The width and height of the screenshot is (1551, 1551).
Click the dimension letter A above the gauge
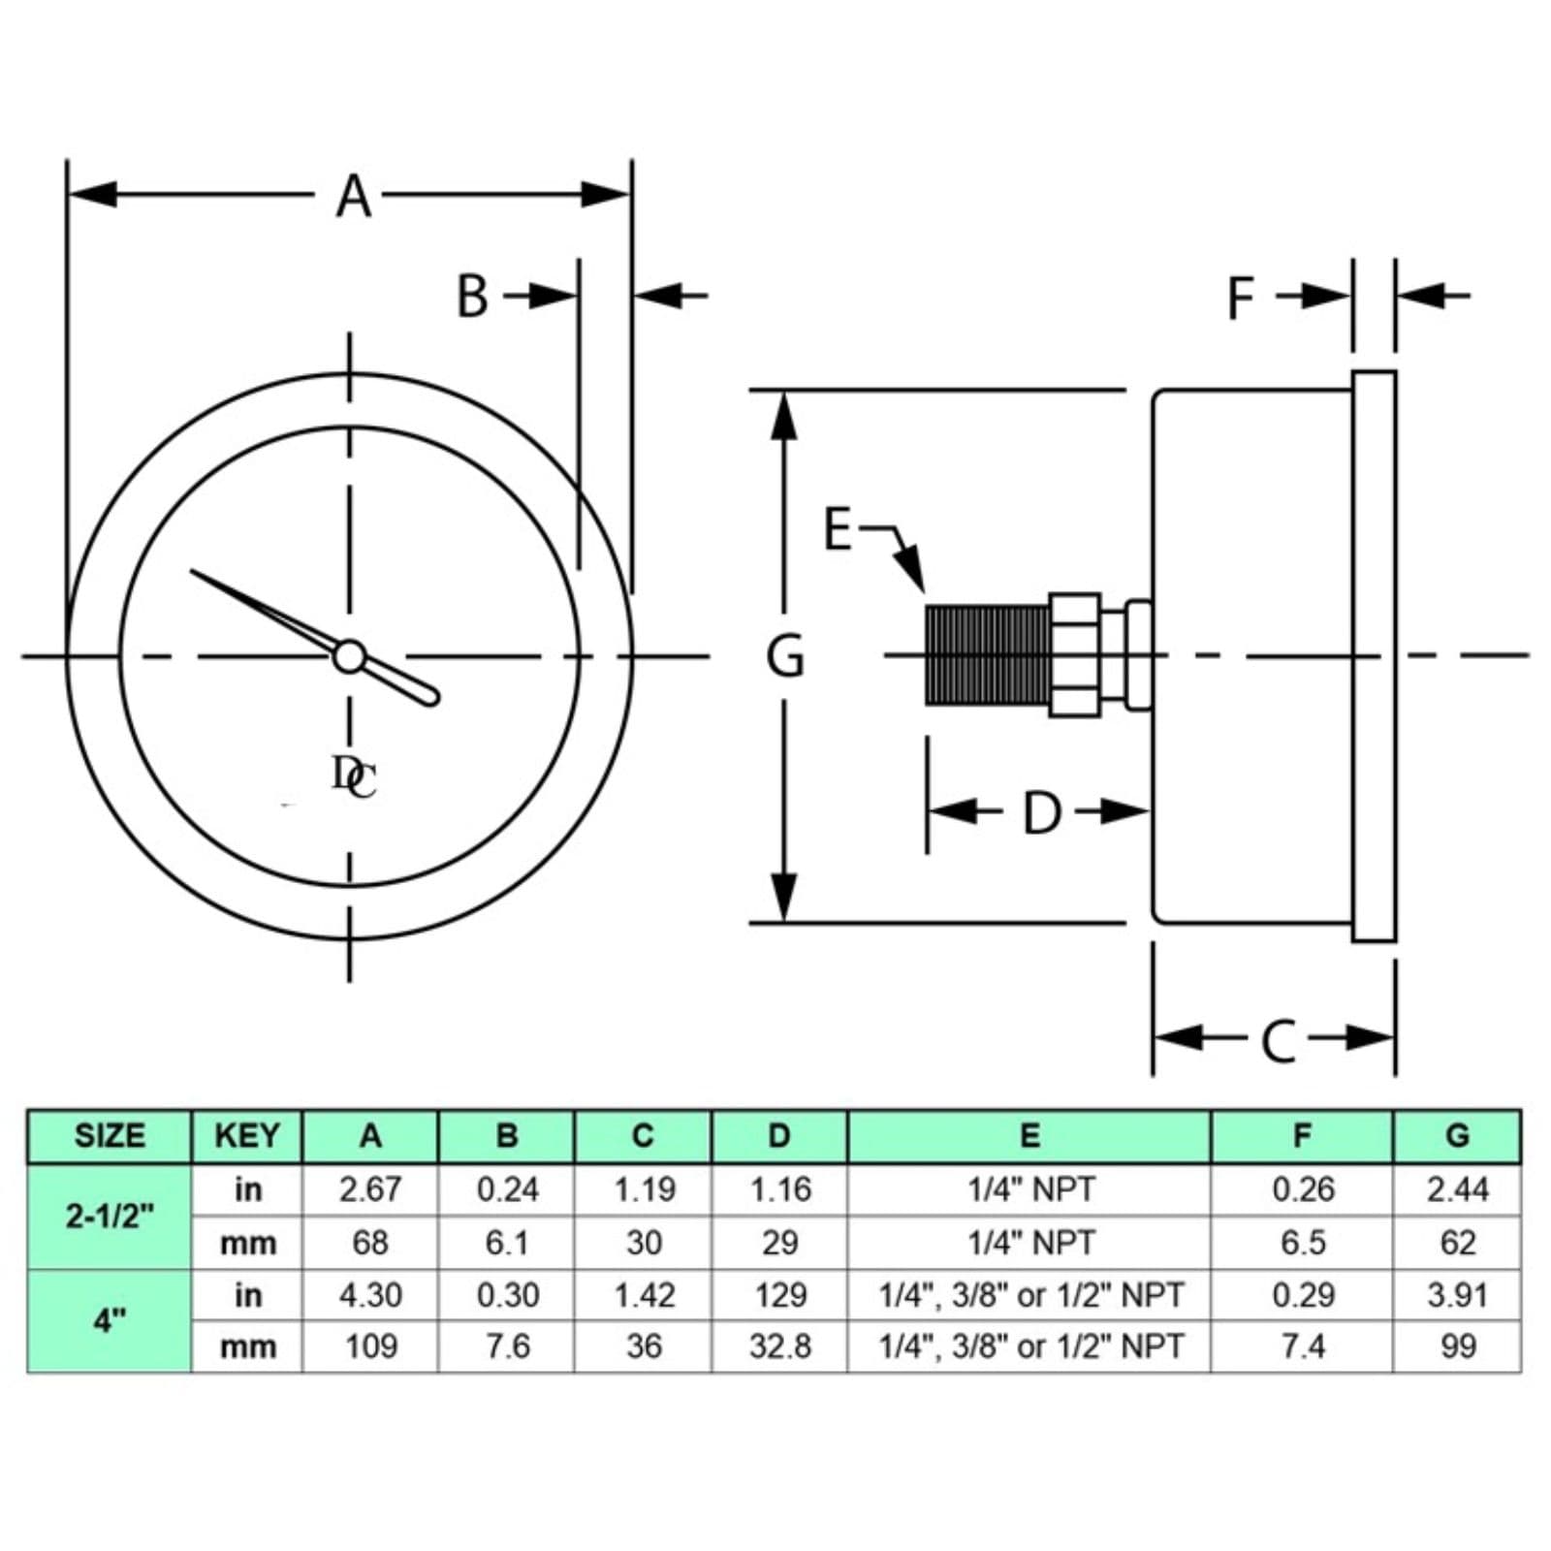pyautogui.click(x=354, y=196)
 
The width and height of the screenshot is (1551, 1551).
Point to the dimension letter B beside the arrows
pyautogui.click(x=472, y=297)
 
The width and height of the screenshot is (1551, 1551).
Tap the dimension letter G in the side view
pyautogui.click(x=785, y=656)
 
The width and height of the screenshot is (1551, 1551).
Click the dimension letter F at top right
pyautogui.click(x=1241, y=299)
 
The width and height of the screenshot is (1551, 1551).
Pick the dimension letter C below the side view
pyautogui.click(x=1279, y=1041)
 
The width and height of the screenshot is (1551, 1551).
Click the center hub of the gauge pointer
pyautogui.click(x=349, y=656)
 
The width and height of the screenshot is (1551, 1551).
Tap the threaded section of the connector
pyautogui.click(x=987, y=655)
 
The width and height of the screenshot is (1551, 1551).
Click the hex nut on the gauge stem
pyautogui.click(x=1075, y=655)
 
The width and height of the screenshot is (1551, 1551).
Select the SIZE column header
pyautogui.click(x=110, y=1135)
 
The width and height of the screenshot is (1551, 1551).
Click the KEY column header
pyautogui.click(x=247, y=1135)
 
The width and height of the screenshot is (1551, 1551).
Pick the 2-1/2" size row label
pyautogui.click(x=110, y=1216)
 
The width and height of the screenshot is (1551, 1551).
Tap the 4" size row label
pyautogui.click(x=110, y=1320)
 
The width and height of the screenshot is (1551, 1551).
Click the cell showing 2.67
pyautogui.click(x=370, y=1189)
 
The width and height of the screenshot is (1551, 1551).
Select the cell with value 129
pyautogui.click(x=779, y=1295)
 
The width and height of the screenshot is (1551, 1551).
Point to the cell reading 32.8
pyautogui.click(x=779, y=1346)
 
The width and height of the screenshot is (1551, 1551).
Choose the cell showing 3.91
pyautogui.click(x=1457, y=1295)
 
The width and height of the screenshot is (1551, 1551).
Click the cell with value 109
pyautogui.click(x=370, y=1346)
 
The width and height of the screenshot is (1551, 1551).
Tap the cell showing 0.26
pyautogui.click(x=1303, y=1189)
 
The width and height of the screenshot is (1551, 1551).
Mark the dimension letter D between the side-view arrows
pyautogui.click(x=1042, y=813)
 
